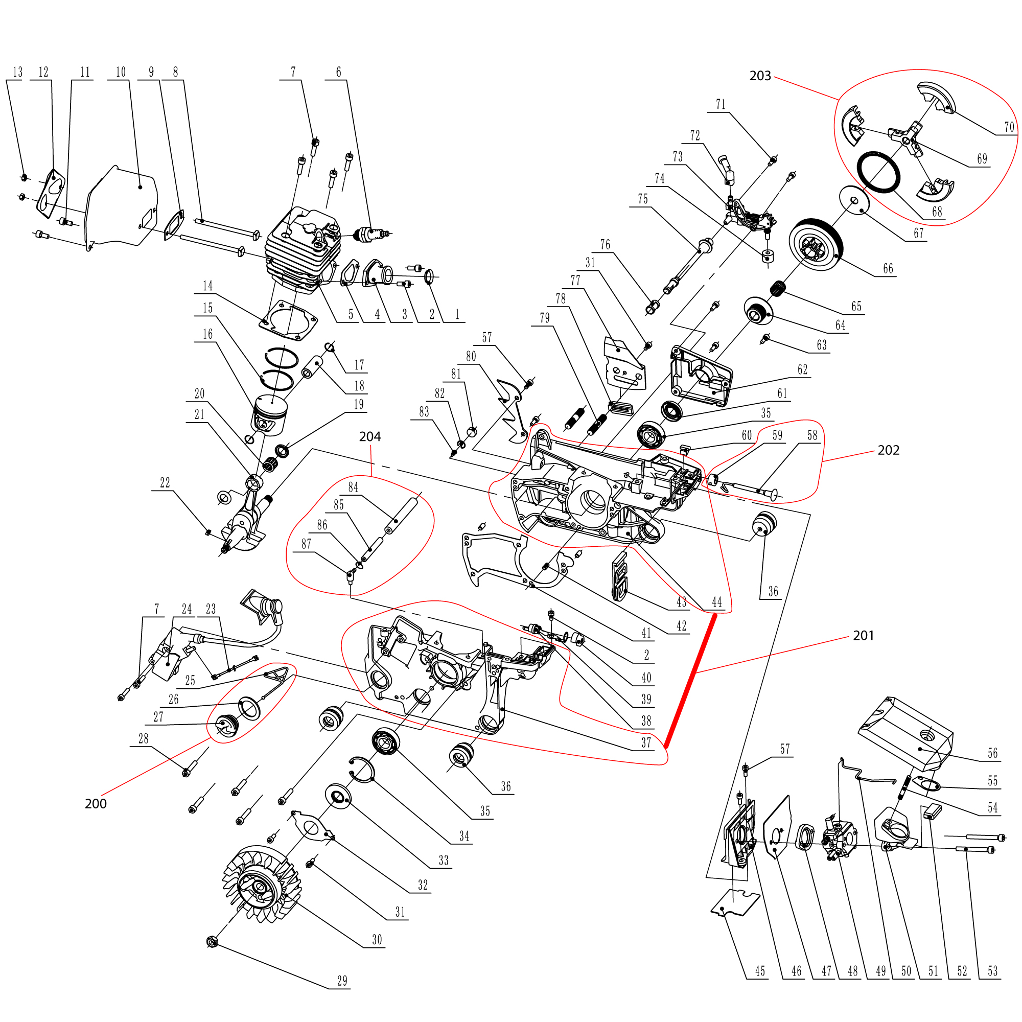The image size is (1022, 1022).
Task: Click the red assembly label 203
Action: coord(760,76)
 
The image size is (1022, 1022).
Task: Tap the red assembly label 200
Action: coord(95,803)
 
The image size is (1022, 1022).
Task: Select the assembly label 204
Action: coord(370,436)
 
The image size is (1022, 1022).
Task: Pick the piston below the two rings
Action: coord(270,415)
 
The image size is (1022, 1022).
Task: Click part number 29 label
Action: coord(342,981)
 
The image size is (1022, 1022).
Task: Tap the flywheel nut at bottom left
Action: coord(212,942)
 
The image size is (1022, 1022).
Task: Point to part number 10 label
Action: coord(121,73)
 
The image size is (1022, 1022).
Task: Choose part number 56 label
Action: coord(992,753)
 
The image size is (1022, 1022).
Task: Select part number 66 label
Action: coord(888,269)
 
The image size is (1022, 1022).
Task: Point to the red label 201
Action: coord(863,635)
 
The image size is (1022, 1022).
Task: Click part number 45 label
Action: coord(760,971)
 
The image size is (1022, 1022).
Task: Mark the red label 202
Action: coord(888,450)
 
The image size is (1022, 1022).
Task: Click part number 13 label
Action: coord(17,73)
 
